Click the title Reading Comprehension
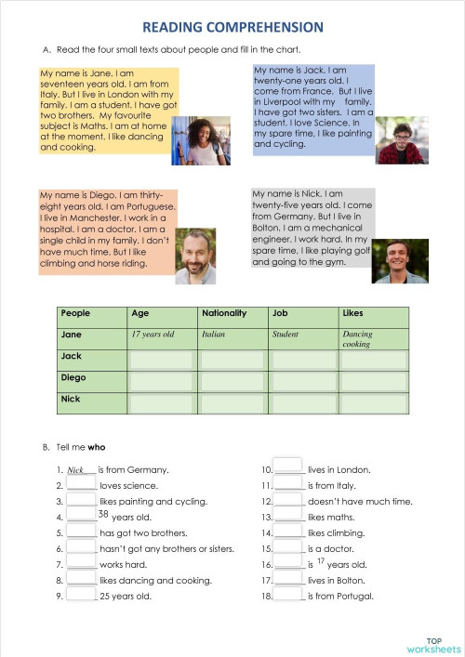pyautogui.click(x=232, y=28)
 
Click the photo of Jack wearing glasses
pyautogui.click(x=401, y=140)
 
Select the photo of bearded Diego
pyautogui.click(x=195, y=256)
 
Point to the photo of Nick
pyautogui.click(x=400, y=260)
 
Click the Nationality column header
pyautogui.click(x=224, y=313)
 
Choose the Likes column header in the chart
pyautogui.click(x=352, y=313)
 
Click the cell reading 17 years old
pyautogui.click(x=153, y=334)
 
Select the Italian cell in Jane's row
pyautogui.click(x=214, y=334)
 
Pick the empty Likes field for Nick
pyautogui.click(x=373, y=401)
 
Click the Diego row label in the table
pyautogui.click(x=73, y=378)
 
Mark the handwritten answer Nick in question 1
pyautogui.click(x=76, y=470)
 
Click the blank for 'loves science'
pyautogui.click(x=82, y=484)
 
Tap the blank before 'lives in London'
pyautogui.click(x=289, y=467)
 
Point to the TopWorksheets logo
pyautogui.click(x=433, y=645)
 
